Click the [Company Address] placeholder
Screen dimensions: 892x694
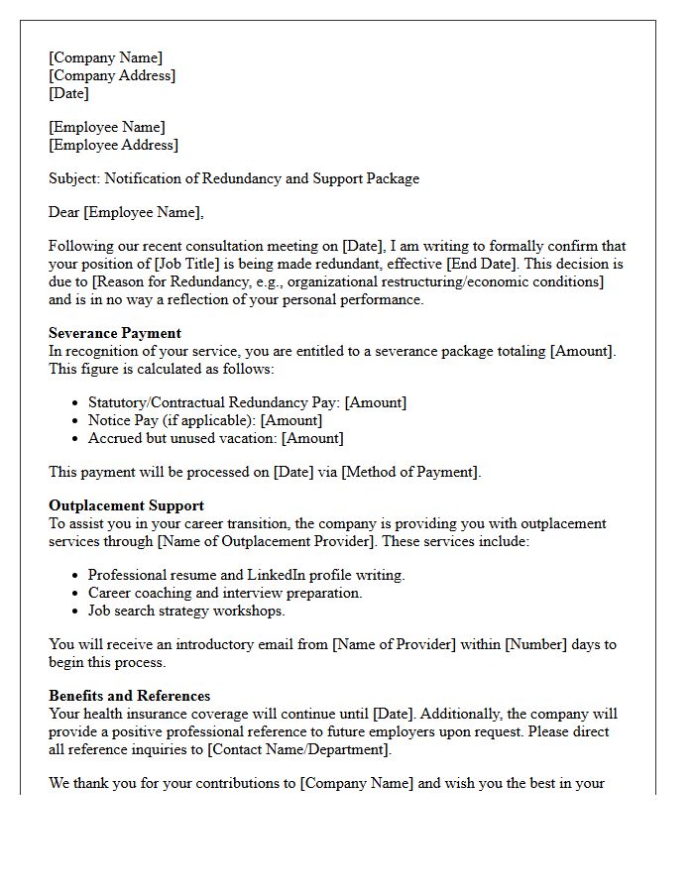pos(112,75)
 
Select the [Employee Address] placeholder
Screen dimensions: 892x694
pos(114,145)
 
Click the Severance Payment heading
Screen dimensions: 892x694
pos(115,333)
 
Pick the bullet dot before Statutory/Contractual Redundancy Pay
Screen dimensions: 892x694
pos(76,403)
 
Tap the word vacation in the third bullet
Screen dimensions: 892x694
pos(247,438)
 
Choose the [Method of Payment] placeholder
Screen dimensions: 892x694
pos(410,472)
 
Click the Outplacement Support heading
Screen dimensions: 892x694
pos(126,505)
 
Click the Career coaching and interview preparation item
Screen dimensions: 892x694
pos(225,593)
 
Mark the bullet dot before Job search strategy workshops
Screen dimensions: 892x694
pos(76,612)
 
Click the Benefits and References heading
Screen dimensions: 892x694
pos(129,696)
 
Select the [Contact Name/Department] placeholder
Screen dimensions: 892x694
pos(298,749)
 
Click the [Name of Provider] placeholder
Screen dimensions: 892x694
pos(408,644)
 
